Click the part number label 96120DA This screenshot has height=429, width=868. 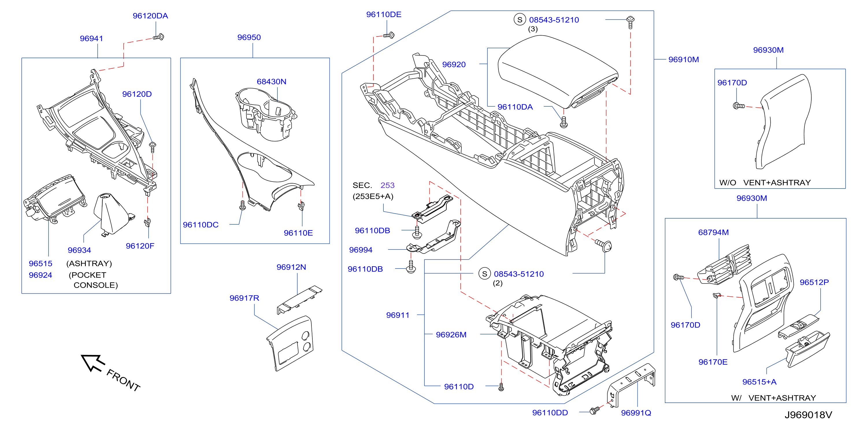click(150, 16)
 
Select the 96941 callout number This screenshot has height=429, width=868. click(91, 39)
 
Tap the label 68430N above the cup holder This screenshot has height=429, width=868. click(271, 82)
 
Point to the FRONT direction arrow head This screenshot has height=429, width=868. click(92, 362)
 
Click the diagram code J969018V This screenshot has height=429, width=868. click(808, 415)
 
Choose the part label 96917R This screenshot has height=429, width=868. click(244, 298)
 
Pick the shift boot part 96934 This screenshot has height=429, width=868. click(113, 215)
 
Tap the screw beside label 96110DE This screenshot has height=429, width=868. click(389, 35)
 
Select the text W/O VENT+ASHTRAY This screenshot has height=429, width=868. click(765, 183)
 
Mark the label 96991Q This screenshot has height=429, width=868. click(636, 413)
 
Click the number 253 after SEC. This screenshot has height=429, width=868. click(387, 185)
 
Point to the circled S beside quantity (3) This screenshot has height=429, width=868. click(520, 20)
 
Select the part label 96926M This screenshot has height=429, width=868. click(451, 335)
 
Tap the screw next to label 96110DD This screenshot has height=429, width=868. click(595, 410)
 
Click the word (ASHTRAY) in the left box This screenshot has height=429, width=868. click(89, 264)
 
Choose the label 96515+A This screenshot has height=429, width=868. click(759, 382)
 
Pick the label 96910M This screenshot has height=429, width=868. click(683, 60)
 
